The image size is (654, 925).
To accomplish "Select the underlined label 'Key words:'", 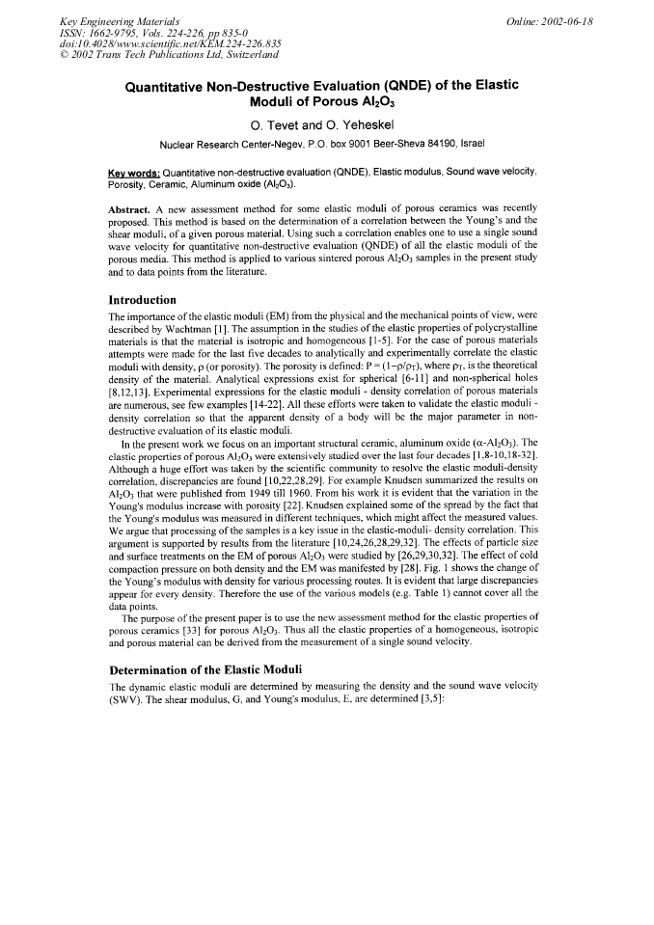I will coord(133,173).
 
